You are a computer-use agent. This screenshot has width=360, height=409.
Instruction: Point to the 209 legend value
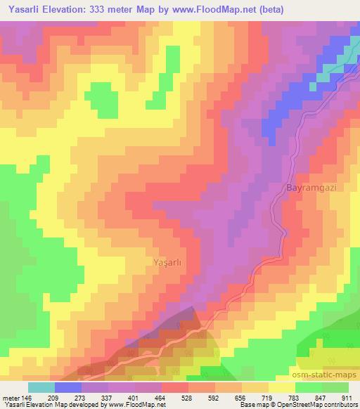click(x=54, y=397)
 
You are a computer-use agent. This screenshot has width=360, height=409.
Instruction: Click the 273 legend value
click(x=81, y=397)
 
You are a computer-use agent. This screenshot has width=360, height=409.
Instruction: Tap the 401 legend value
click(x=134, y=397)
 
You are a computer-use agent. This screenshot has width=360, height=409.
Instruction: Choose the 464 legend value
click(x=161, y=397)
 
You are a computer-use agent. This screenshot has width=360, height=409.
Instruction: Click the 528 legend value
click(x=188, y=397)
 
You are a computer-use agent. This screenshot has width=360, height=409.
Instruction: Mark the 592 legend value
click(x=214, y=397)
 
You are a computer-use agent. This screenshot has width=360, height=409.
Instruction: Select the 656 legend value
click(x=241, y=397)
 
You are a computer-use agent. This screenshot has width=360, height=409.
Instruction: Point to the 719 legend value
click(x=268, y=397)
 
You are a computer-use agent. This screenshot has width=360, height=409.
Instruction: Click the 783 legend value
click(x=295, y=397)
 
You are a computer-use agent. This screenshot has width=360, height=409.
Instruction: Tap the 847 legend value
click(x=321, y=397)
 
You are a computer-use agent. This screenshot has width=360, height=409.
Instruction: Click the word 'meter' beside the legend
click(x=11, y=397)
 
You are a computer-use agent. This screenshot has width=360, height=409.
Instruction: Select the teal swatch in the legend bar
click(x=41, y=387)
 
